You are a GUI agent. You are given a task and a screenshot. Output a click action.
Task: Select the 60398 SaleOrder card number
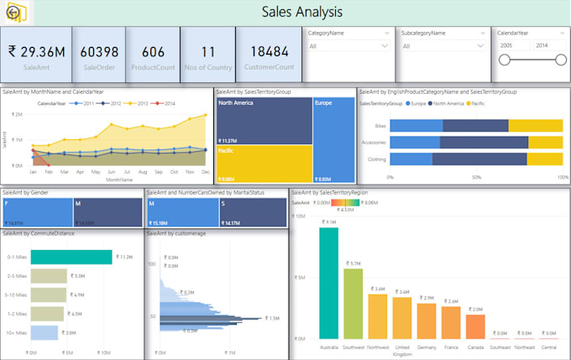click(99, 52)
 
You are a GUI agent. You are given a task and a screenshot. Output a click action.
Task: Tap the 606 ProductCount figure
click(153, 52)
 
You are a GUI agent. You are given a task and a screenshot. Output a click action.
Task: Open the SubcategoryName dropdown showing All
click(440, 46)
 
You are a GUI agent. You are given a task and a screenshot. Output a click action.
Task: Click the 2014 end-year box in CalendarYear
click(542, 45)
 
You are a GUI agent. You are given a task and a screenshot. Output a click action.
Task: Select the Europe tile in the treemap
click(333, 138)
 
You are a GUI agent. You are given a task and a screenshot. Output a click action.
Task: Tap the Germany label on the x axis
click(427, 347)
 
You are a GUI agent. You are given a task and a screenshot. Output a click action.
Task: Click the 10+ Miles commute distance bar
click(44, 332)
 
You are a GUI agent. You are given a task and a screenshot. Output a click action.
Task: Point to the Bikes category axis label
click(380, 125)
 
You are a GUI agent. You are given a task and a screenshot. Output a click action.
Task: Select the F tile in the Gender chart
click(36, 212)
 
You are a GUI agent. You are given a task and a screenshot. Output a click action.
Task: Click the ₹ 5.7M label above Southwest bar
click(353, 263)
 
